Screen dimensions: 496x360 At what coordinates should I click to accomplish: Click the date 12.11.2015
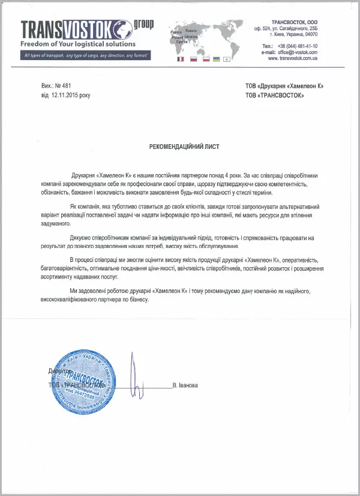point(65,95)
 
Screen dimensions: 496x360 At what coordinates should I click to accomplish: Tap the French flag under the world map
point(180,60)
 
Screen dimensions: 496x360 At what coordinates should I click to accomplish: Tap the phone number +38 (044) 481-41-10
point(298,46)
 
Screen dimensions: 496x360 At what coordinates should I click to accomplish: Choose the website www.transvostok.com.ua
point(293,58)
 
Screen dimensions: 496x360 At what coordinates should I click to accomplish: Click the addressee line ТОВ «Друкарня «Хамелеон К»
point(284,86)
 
